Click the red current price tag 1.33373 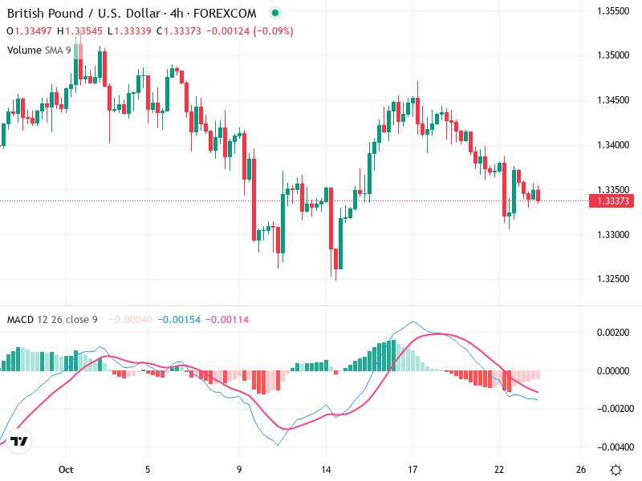614,201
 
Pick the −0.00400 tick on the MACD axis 612,447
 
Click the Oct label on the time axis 66,469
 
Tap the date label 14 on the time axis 326,469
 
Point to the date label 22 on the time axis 499,469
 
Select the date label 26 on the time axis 581,469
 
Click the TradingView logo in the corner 20,442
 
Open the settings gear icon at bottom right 616,470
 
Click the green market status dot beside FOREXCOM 275,14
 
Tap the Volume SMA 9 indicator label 39,50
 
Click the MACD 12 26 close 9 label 52,320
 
